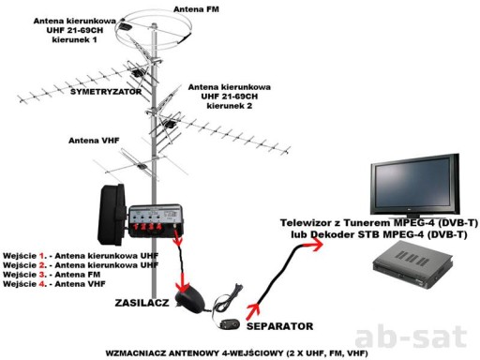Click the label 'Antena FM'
tap(196, 9)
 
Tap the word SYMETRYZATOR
tap(106, 92)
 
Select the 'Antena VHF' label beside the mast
tap(94, 141)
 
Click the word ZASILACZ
tap(142, 303)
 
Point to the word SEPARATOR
tap(279, 326)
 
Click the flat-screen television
tap(415, 187)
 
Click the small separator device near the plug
tap(230, 324)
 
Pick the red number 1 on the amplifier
tap(136, 227)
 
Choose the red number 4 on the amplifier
tap(159, 226)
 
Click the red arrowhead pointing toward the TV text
tap(316, 244)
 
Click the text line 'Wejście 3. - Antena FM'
tap(52, 275)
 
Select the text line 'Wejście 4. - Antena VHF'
tap(54, 284)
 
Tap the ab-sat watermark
tap(412, 337)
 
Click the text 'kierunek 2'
tap(230, 106)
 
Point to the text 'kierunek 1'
tap(74, 40)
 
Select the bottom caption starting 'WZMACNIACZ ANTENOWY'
tap(236, 353)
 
